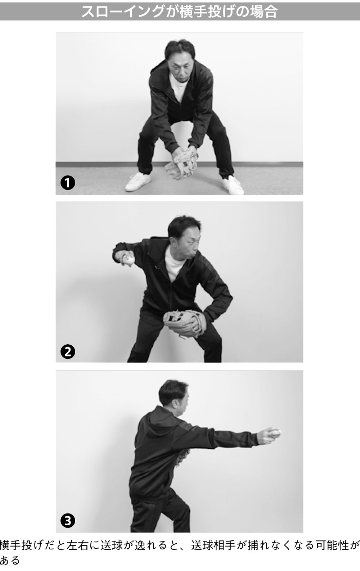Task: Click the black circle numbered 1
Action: pos(68,183)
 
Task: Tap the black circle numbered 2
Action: pos(68,352)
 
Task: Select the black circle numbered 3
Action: pos(68,521)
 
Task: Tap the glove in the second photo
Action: pos(183,322)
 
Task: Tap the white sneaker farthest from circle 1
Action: pos(232,185)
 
